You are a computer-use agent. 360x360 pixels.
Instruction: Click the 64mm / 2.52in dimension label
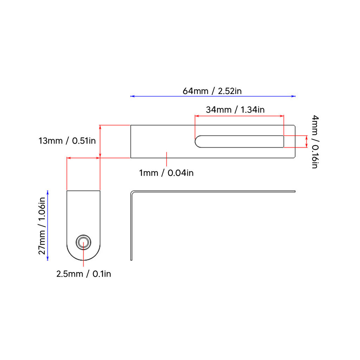212,91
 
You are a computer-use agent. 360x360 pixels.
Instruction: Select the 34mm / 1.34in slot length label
235,110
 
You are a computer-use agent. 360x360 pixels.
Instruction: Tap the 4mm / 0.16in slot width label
315,142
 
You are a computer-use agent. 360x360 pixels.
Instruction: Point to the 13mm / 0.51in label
67,141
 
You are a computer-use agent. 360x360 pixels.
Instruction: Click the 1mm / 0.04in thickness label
166,173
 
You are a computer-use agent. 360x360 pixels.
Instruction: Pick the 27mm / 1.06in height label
42,226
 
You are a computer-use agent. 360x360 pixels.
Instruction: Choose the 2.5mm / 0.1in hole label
84,274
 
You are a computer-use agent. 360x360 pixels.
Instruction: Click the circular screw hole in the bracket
83,242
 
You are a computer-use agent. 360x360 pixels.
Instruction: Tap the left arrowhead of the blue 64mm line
132,96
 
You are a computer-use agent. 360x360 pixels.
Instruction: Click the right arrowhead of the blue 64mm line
294,96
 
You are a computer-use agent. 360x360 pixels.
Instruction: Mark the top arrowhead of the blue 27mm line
47,192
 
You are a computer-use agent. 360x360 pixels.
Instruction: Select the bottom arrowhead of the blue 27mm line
47,258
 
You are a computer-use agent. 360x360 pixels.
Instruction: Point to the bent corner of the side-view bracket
132,192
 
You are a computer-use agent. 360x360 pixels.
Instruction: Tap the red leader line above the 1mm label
166,159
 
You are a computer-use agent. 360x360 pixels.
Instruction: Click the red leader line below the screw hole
83,255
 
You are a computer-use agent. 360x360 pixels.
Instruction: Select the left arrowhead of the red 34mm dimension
197,116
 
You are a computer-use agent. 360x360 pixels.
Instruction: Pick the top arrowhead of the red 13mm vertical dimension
100,127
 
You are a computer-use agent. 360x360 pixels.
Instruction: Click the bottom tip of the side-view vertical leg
131,260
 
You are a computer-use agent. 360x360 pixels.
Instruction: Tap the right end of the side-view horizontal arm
295,192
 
